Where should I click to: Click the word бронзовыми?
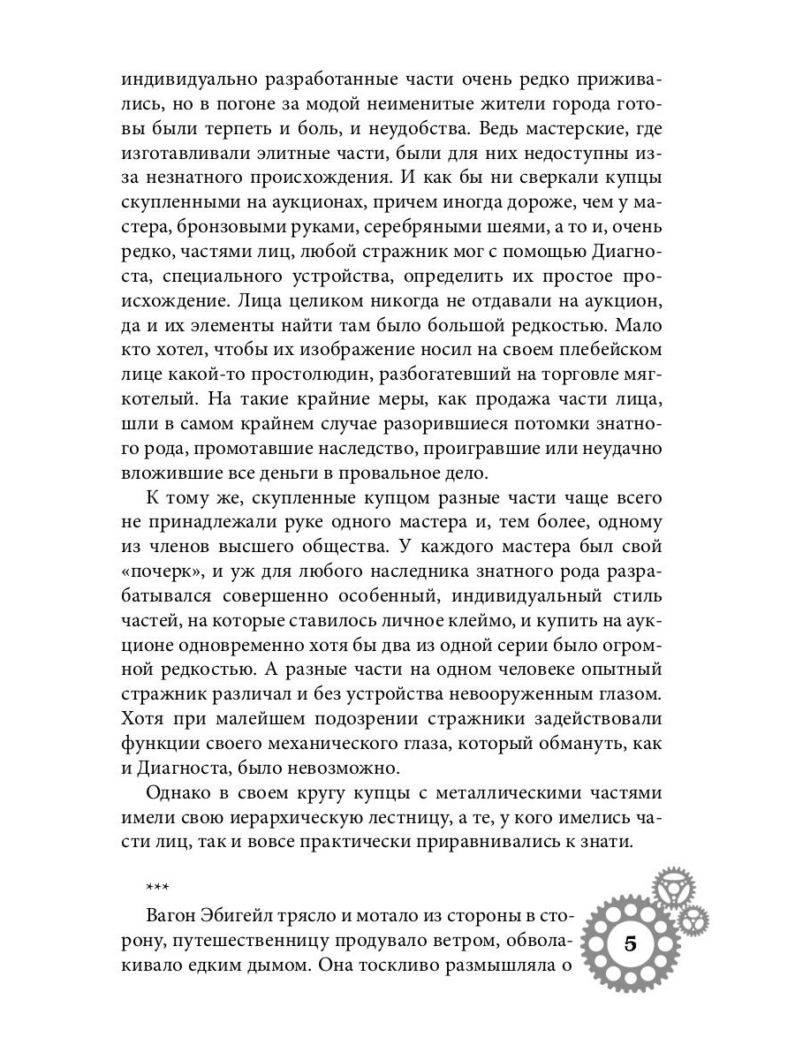[x=226, y=229]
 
